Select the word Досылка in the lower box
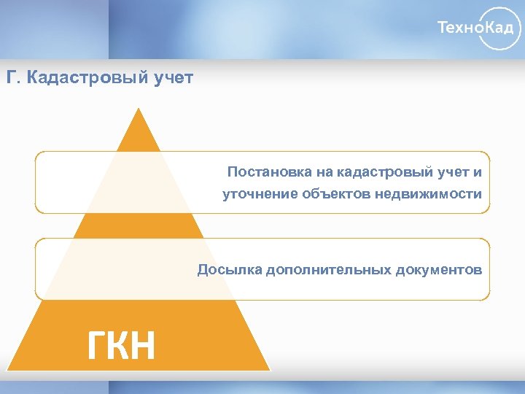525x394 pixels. (230, 270)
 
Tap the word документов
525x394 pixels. (438, 270)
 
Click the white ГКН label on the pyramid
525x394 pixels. (121, 345)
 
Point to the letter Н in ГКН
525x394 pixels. (141, 345)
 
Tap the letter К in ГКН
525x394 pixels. (120, 345)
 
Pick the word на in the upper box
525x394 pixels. (324, 172)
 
